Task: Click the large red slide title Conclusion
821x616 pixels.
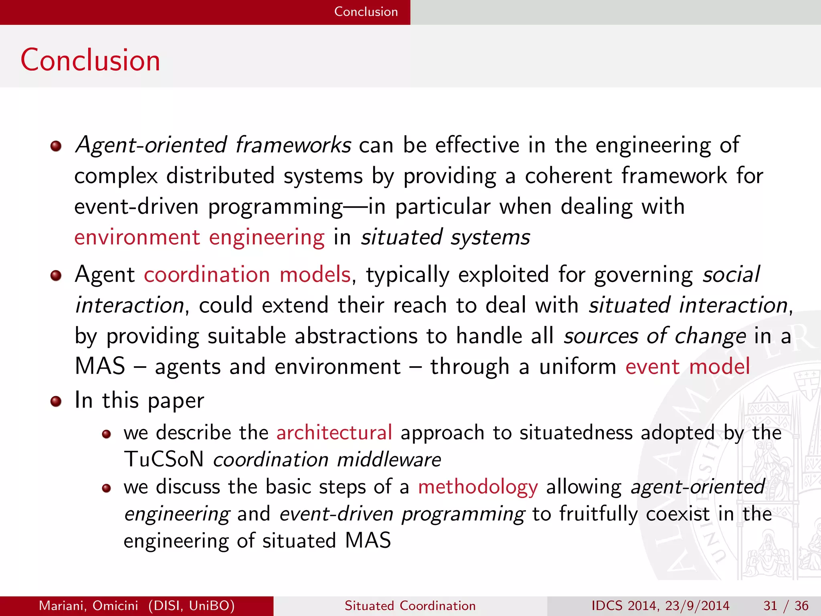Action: (x=90, y=60)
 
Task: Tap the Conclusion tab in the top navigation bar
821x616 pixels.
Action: (x=366, y=12)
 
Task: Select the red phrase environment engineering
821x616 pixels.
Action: (x=199, y=237)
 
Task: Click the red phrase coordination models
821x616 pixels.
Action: (x=247, y=275)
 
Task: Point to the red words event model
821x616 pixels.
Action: (x=687, y=367)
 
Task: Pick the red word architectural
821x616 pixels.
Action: (x=334, y=433)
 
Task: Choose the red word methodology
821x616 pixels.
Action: (x=478, y=487)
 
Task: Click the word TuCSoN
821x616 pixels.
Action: (x=164, y=460)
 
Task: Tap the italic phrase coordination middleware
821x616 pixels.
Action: (x=327, y=460)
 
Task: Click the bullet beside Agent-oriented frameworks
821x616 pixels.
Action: (x=56, y=146)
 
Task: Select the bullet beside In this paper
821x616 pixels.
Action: (x=56, y=401)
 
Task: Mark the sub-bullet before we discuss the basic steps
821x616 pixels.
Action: (x=106, y=488)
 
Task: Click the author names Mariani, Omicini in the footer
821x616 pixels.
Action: (x=89, y=606)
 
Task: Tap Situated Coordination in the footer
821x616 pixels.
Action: (x=410, y=606)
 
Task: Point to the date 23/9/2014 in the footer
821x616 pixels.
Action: (x=697, y=606)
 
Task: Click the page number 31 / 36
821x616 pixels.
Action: (x=786, y=606)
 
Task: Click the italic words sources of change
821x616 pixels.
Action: (x=655, y=336)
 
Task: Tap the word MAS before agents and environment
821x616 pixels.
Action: (x=100, y=367)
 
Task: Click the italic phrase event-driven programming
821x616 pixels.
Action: (x=402, y=514)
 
